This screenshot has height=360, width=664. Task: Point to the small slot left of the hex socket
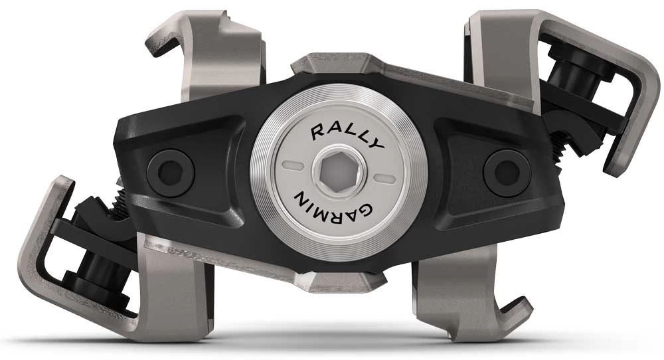click(291, 163)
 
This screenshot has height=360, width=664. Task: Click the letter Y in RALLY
click(376, 143)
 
